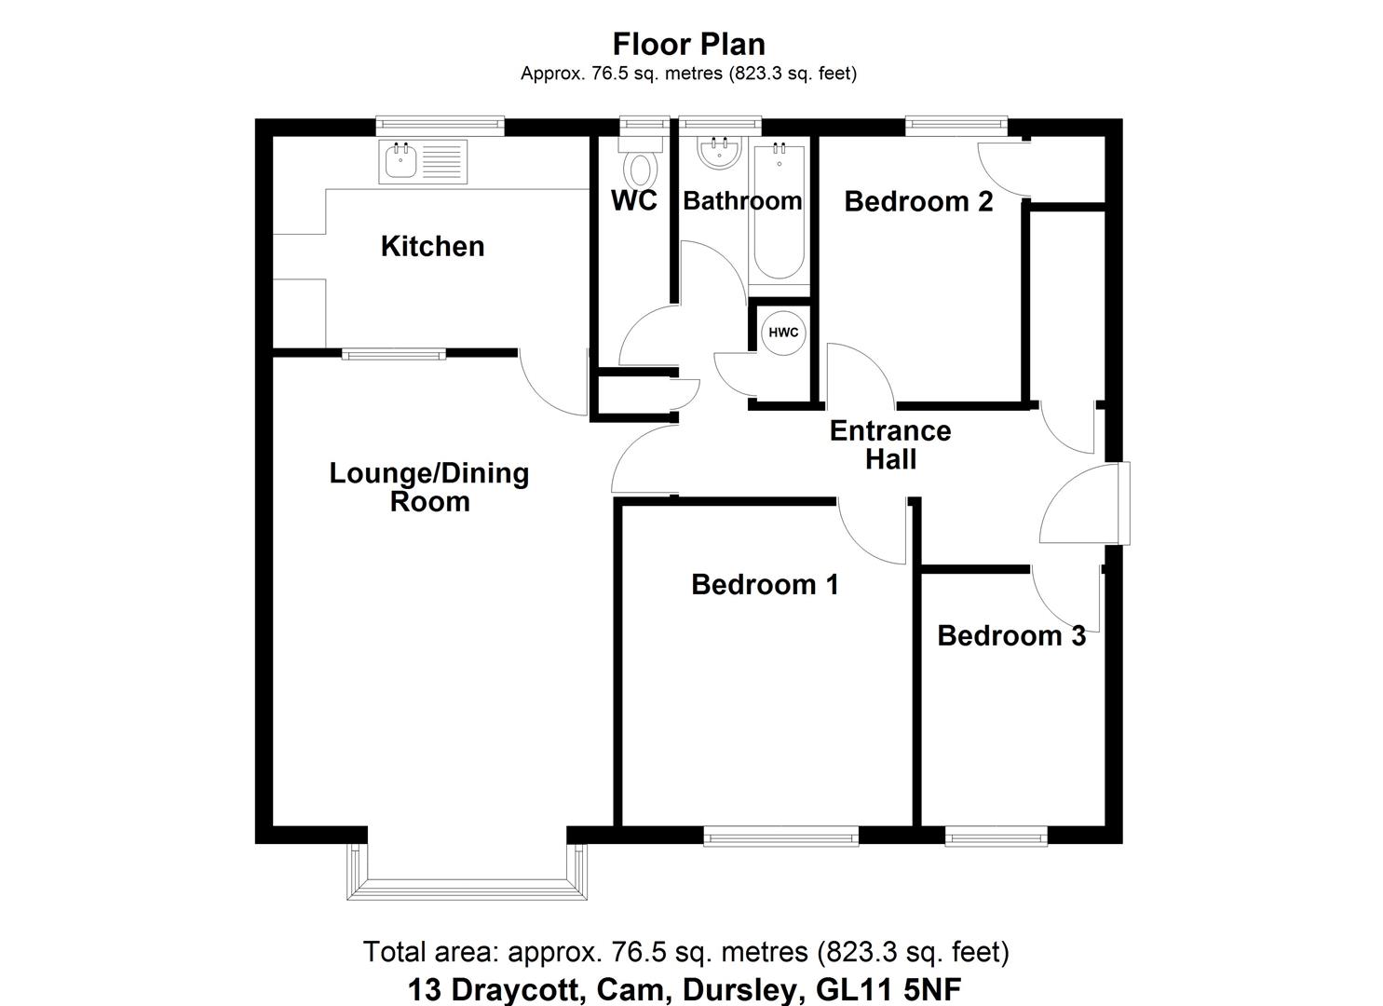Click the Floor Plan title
click(688, 44)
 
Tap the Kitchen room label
click(432, 246)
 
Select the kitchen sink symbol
click(422, 162)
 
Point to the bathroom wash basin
click(720, 154)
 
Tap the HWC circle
click(783, 333)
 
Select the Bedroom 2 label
click(917, 201)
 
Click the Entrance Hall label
click(890, 444)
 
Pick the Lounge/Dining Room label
click(428, 486)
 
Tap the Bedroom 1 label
click(765, 584)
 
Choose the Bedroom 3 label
click(1010, 635)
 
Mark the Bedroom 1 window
click(780, 837)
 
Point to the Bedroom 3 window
click(996, 837)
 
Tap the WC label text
click(633, 200)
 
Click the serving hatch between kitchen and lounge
click(393, 353)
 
